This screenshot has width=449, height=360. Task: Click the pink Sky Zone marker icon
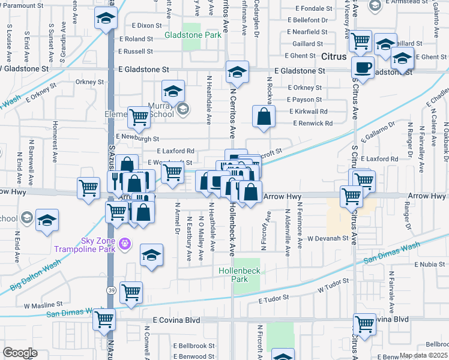coord(124,244)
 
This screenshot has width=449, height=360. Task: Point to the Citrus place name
coord(334,57)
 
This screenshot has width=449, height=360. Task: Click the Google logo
coord(19,353)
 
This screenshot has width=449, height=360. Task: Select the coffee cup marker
coord(362,67)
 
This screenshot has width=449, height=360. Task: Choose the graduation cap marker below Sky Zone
coord(152,254)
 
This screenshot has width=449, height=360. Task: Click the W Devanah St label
coord(328,238)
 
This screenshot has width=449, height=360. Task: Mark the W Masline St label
coord(43,305)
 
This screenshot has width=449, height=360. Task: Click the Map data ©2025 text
coord(424,355)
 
